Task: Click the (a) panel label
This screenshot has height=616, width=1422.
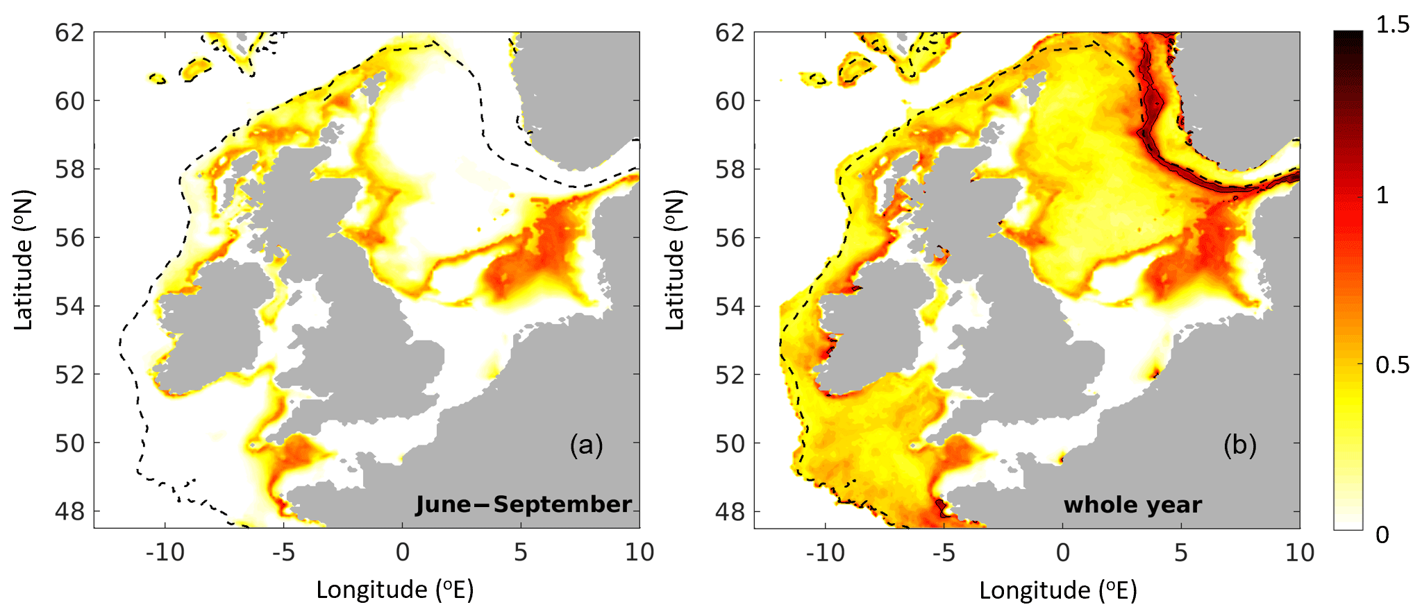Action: click(x=586, y=445)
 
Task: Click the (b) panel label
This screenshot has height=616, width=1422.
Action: click(x=1239, y=445)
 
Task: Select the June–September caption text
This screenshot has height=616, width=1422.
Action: click(x=524, y=504)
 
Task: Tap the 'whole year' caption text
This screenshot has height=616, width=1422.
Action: click(x=1132, y=505)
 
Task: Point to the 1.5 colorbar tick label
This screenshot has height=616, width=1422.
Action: click(x=1393, y=25)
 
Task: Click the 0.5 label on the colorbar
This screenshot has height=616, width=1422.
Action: click(x=1393, y=365)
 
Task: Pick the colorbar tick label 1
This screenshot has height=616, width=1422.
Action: click(x=1382, y=196)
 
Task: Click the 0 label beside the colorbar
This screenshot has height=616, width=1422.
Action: click(x=1382, y=535)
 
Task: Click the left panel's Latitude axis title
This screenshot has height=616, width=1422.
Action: click(x=23, y=260)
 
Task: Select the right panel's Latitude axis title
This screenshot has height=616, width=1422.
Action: click(x=674, y=260)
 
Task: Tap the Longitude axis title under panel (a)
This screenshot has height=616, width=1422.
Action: click(x=394, y=590)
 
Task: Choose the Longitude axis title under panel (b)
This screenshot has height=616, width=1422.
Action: click(x=1057, y=590)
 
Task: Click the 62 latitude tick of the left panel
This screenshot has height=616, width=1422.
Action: click(x=69, y=33)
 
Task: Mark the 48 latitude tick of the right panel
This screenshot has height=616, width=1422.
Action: click(x=730, y=512)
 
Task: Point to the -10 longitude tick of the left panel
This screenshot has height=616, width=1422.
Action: click(x=165, y=553)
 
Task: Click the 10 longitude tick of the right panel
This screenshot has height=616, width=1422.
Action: click(x=1299, y=553)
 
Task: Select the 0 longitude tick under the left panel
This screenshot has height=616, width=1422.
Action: click(x=402, y=553)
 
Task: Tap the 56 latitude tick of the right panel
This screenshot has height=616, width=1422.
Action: click(x=730, y=238)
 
